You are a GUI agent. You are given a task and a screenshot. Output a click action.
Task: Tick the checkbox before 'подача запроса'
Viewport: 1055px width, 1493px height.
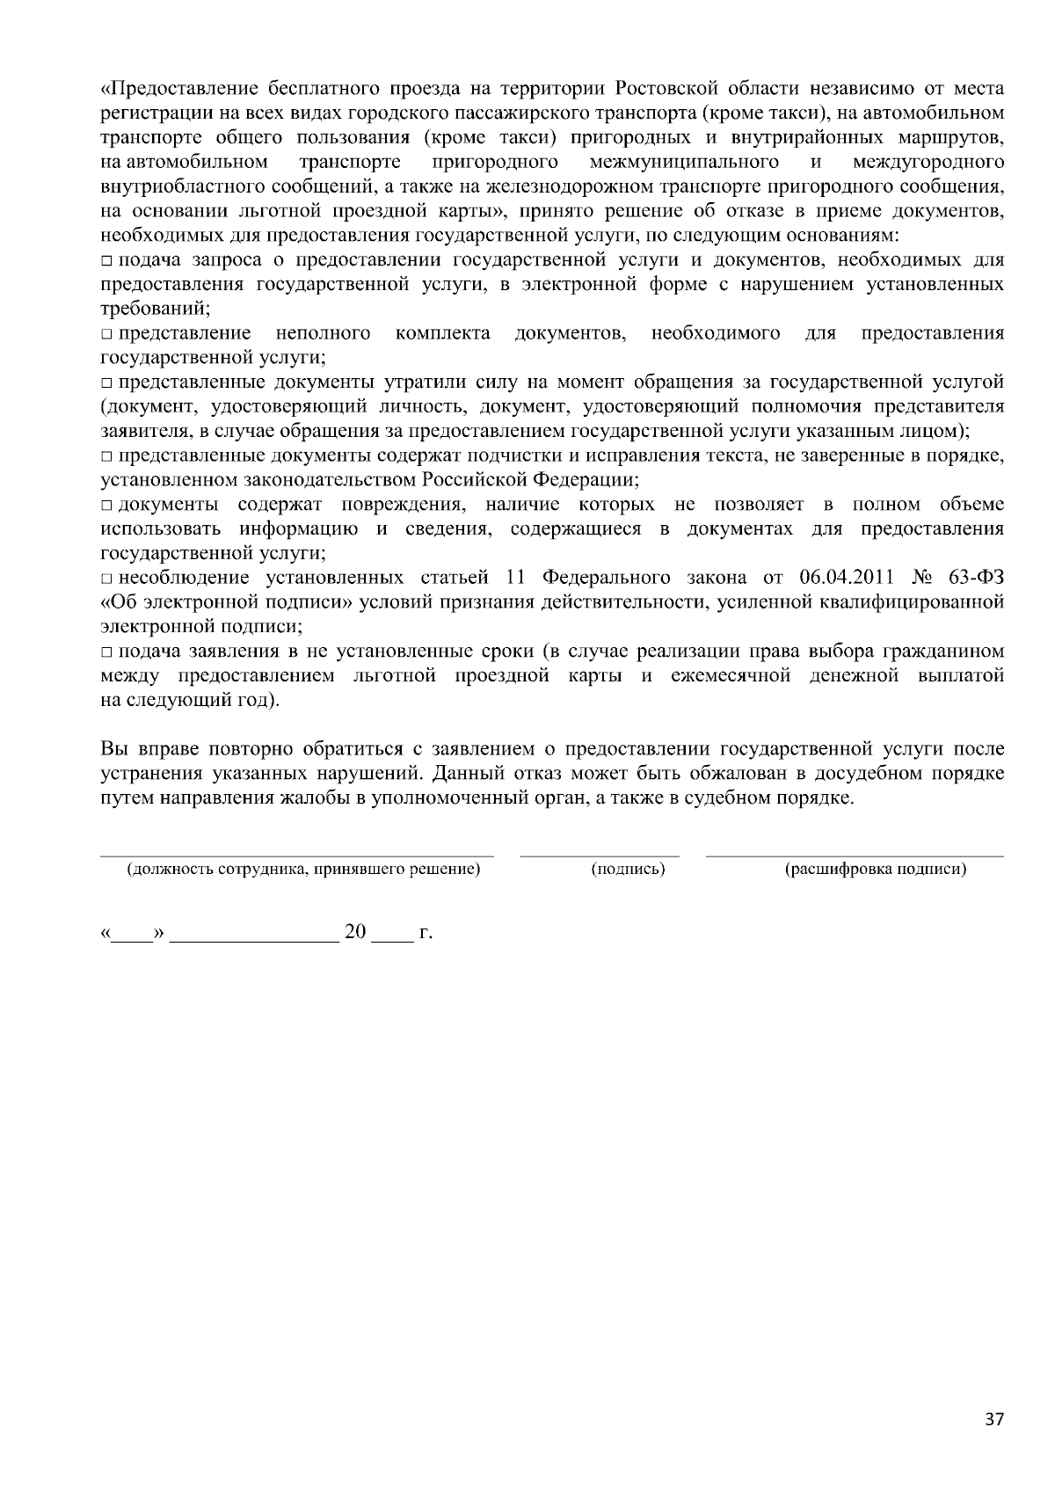coord(106,261)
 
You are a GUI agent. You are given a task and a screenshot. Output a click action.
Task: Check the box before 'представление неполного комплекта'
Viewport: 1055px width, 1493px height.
coord(106,334)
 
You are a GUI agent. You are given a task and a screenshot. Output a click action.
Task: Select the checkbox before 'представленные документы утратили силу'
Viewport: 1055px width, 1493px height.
coord(106,383)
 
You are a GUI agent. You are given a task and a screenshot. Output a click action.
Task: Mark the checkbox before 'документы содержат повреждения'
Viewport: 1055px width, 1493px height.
coord(106,506)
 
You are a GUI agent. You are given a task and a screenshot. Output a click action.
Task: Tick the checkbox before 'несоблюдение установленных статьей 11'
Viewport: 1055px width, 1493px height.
coord(106,579)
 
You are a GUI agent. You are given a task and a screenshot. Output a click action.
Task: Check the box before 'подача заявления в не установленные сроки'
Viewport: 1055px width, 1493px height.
coord(106,652)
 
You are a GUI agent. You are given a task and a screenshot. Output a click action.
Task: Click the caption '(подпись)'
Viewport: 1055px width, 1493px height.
coord(628,870)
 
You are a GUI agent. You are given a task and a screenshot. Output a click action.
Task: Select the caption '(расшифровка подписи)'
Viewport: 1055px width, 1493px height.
coord(875,870)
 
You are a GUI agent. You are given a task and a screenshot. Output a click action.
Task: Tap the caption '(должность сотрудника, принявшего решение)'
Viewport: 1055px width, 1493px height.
coord(303,870)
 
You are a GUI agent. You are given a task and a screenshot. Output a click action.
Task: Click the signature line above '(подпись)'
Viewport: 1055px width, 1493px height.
coord(600,855)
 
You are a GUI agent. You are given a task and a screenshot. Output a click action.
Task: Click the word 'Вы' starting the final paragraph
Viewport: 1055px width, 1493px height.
coord(113,749)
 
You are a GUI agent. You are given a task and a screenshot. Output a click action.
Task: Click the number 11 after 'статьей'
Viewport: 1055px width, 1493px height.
coord(516,578)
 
